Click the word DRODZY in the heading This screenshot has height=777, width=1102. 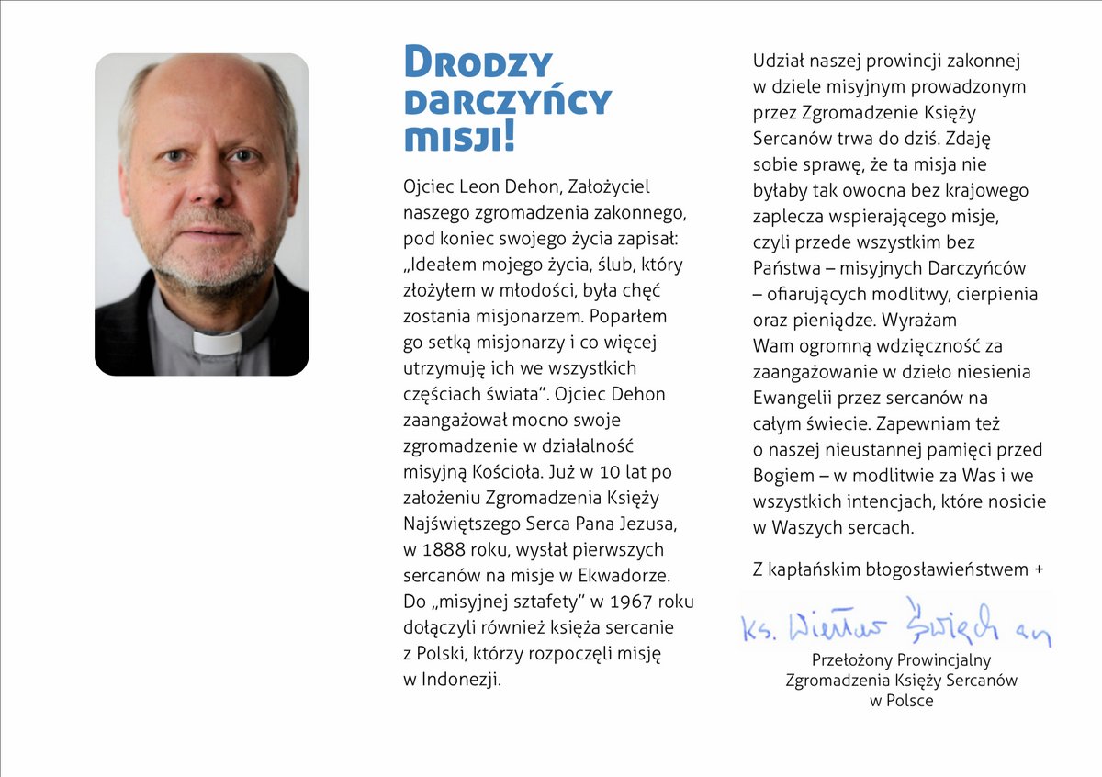[478, 62]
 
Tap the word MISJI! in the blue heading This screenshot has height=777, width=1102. [458, 136]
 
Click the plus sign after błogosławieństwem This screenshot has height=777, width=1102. [1039, 569]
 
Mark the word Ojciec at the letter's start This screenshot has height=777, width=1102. [430, 186]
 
